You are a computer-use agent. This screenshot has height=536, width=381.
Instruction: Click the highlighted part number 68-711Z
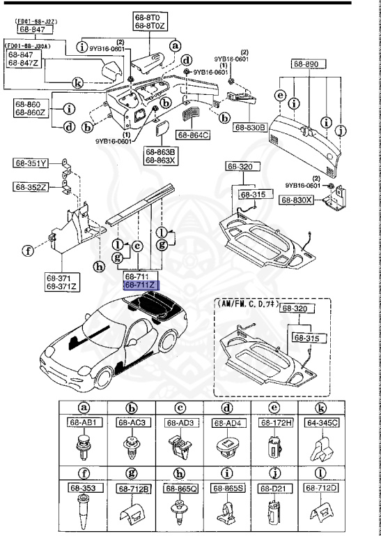(141, 285)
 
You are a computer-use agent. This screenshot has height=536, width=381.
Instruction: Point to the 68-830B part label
(250, 128)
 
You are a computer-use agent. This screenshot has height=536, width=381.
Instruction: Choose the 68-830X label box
(298, 200)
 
